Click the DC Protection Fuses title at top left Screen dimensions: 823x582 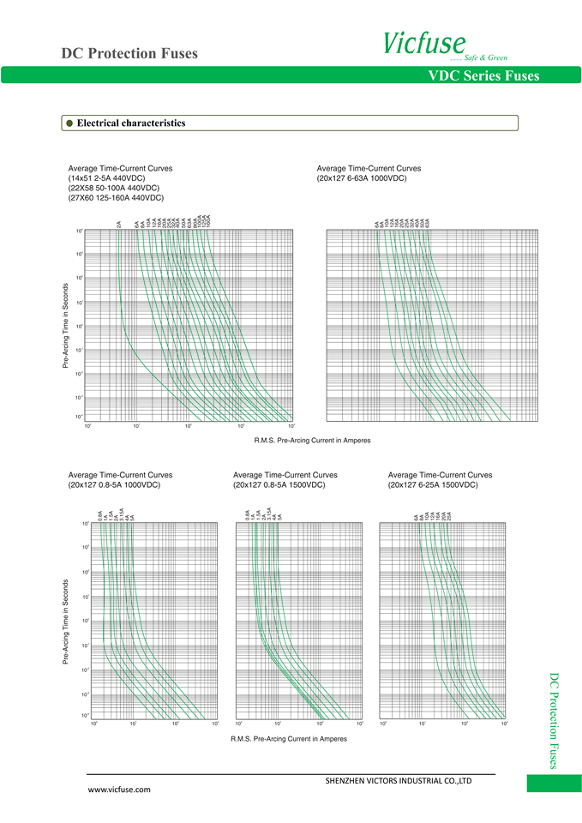point(129,53)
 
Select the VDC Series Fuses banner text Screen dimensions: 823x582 point(483,76)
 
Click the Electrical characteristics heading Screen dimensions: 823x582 point(131,123)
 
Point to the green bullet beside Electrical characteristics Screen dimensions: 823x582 point(69,123)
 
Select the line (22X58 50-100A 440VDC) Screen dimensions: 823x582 point(113,188)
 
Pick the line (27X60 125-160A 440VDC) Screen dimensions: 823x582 point(116,198)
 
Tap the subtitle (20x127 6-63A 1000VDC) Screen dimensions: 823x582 point(362,178)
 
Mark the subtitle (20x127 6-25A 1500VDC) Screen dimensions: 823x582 point(433,485)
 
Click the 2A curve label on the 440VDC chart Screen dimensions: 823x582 point(118,225)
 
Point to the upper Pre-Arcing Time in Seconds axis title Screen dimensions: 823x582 point(66,327)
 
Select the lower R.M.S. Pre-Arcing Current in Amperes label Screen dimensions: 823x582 point(289,739)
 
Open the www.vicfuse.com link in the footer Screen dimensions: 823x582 point(120,790)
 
